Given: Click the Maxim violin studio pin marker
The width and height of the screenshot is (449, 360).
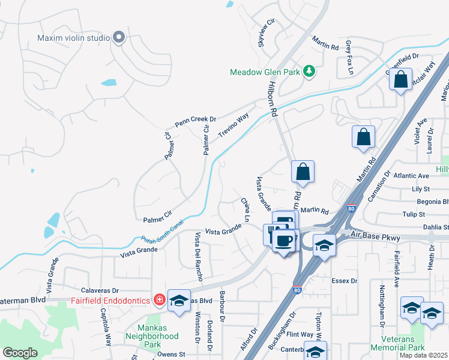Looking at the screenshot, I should click(119, 38).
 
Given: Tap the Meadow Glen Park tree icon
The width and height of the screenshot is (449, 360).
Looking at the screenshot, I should click(309, 72).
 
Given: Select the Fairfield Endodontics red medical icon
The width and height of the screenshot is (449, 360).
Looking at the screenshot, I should click(160, 299).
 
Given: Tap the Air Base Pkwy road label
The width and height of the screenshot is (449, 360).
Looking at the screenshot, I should click(376, 238).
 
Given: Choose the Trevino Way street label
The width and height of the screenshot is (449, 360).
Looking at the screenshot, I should click(234, 125).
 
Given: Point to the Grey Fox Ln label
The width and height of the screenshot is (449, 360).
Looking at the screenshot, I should click(349, 58).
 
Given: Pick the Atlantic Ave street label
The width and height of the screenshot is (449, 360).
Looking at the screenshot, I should click(411, 176).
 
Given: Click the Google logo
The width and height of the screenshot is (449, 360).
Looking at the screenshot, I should click(20, 352).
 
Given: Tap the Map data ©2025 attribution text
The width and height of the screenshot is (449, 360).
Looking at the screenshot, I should click(423, 355).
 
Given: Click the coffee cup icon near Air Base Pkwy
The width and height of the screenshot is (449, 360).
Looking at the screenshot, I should click(284, 241).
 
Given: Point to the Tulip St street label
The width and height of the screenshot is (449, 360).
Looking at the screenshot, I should click(414, 214).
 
